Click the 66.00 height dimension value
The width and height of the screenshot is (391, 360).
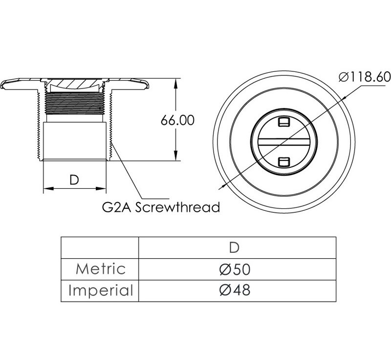177,120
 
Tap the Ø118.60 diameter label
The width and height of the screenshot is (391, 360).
365,77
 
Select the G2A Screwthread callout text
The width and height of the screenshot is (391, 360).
161,207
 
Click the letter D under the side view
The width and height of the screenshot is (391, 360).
74,180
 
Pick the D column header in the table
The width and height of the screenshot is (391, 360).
234,247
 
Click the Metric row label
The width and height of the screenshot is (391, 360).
101,269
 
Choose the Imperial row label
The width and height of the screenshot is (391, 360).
101,291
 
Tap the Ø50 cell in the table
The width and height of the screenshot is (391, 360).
235,269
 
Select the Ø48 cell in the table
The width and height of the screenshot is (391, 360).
235,290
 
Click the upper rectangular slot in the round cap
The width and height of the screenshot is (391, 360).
284,122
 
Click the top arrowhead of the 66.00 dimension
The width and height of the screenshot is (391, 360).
176,84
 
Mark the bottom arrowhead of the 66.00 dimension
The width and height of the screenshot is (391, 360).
176,156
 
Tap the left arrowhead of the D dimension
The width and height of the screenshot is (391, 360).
48,188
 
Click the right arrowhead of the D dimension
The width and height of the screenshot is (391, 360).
101,188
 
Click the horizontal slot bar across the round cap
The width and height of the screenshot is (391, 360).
284,142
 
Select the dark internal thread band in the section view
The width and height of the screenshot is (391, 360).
75,103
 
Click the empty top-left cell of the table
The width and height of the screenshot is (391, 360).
100,247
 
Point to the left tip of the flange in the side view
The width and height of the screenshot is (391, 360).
1,85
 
